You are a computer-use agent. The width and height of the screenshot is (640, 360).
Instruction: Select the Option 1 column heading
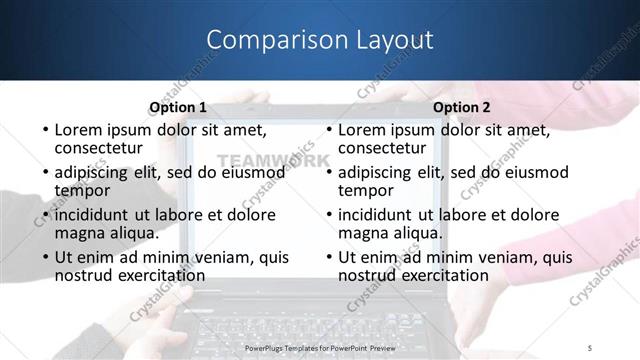[178, 107]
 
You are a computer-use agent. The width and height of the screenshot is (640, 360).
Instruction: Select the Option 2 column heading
[462, 107]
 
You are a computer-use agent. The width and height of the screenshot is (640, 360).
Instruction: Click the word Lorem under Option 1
[78, 129]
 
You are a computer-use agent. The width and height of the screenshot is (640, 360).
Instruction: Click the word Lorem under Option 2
[362, 129]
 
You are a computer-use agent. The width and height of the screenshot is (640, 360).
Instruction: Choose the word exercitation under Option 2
[438, 275]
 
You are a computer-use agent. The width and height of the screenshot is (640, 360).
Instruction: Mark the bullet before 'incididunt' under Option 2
[329, 215]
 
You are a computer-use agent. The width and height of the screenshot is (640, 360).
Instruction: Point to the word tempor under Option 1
[82, 190]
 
